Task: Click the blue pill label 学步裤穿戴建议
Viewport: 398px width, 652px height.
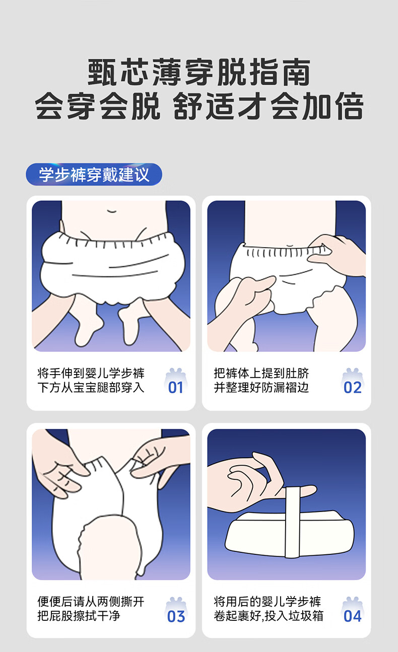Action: coord(94,174)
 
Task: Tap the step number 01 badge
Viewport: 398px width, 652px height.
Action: coord(176,382)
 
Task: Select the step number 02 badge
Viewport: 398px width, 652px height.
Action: coord(352,382)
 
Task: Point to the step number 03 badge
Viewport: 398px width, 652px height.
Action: coord(176,610)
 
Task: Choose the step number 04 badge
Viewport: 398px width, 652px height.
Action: coord(352,610)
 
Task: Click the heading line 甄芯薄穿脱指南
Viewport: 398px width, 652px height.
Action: coord(199,72)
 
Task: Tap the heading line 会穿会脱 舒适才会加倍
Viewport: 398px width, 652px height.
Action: coord(199,106)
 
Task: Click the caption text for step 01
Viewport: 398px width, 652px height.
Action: coord(91,381)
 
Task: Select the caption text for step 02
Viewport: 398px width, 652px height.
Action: coord(261,381)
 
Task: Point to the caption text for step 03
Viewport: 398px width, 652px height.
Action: coord(91,609)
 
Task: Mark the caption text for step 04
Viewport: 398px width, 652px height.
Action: coord(269,609)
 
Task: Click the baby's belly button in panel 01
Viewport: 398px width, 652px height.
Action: coord(111,211)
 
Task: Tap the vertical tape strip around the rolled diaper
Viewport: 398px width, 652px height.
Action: coord(293,522)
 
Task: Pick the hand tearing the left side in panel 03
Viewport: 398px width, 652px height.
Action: coord(60,463)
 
